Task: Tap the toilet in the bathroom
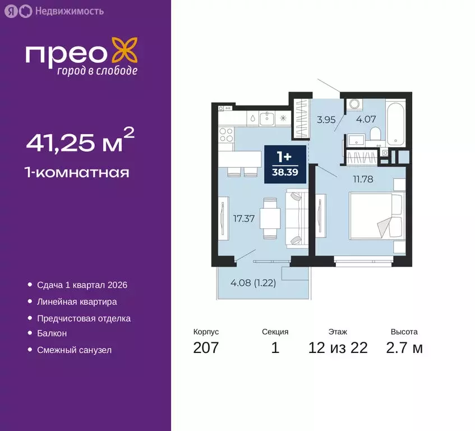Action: tap(375, 134)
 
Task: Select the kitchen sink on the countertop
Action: tap(268, 117)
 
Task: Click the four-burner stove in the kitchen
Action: tap(226, 135)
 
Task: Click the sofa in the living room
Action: tap(296, 218)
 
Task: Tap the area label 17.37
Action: tap(245, 219)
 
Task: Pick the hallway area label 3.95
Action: tap(326, 119)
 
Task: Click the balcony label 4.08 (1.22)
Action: tap(253, 282)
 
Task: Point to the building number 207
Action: tap(206, 348)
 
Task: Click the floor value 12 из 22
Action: tap(338, 348)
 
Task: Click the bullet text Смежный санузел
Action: tap(74, 350)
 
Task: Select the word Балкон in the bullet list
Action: tap(52, 333)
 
